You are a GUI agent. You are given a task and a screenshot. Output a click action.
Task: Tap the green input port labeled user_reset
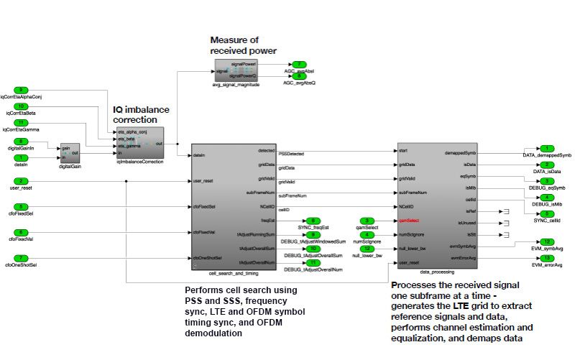tap(22, 180)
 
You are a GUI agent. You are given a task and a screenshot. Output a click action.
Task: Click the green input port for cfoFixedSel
tap(22, 206)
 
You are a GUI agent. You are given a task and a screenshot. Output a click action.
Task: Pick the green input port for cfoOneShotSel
tap(22, 258)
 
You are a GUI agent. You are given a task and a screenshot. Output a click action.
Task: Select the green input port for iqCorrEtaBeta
tap(22, 106)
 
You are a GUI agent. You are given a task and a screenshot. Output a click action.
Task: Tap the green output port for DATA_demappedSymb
tap(548, 148)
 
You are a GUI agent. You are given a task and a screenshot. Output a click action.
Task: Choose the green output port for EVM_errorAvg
tap(548, 258)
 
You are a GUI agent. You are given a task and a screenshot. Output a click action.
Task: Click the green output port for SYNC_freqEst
tap(315, 220)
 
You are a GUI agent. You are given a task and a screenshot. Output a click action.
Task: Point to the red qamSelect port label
tap(408, 221)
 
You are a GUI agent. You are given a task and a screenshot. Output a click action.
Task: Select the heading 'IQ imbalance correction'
tap(142, 115)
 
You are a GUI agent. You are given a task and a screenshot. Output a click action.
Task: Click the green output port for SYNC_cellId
tap(548, 213)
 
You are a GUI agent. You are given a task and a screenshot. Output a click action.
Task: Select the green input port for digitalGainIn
tap(22, 142)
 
